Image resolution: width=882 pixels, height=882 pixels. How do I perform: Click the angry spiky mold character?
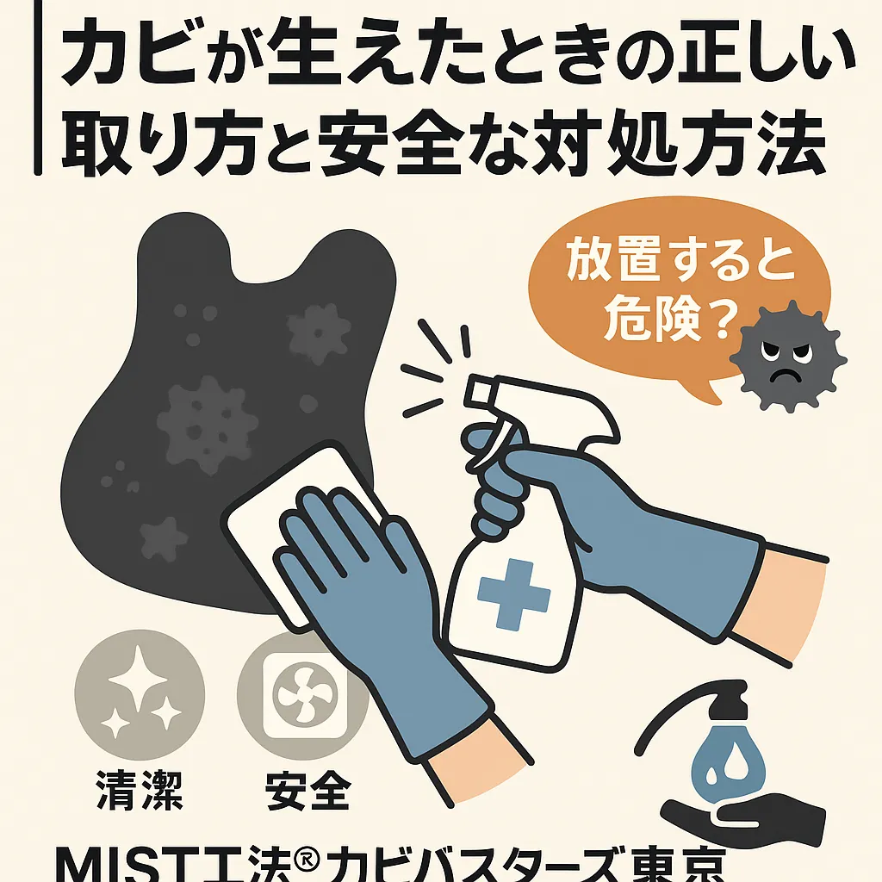(787, 357)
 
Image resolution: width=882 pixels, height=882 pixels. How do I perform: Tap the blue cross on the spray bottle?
(513, 594)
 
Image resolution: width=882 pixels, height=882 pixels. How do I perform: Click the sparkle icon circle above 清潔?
(140, 694)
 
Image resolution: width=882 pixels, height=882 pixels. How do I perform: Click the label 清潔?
(140, 790)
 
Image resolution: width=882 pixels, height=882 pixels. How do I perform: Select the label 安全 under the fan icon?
(308, 790)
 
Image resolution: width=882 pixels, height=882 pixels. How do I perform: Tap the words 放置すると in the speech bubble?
(680, 262)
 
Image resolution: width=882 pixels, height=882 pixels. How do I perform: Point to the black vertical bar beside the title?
(38, 88)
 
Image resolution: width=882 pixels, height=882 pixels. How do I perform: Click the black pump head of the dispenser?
(727, 701)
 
